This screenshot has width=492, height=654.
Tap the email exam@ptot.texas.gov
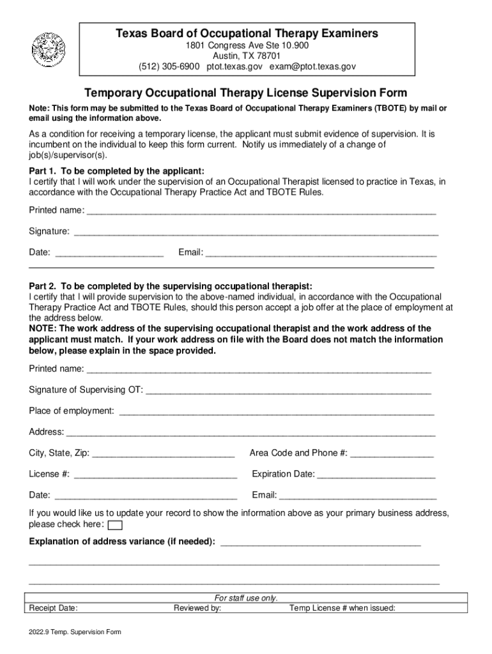click(312, 66)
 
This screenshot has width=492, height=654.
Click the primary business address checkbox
click(116, 526)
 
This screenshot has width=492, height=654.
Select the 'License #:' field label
click(49, 474)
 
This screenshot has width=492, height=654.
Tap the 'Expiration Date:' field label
click(283, 474)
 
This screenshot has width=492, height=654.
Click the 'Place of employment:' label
click(72, 411)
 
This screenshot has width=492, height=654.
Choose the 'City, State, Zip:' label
click(59, 453)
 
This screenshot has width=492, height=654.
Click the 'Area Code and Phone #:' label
click(298, 453)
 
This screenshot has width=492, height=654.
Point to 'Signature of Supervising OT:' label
click(86, 390)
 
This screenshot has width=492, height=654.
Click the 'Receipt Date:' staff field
click(54, 608)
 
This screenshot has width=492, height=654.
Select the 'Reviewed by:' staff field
click(197, 608)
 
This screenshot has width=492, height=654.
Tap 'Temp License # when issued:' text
click(342, 608)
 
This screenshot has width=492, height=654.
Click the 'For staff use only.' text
click(246, 598)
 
